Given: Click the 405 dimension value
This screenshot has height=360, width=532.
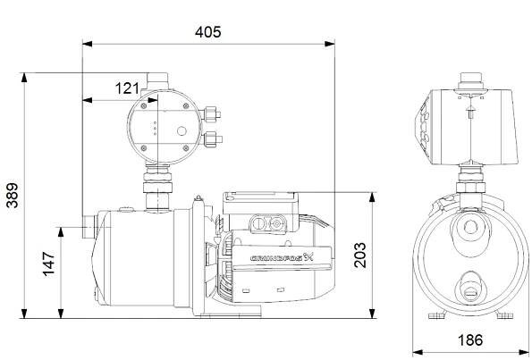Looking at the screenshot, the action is pos(207,32).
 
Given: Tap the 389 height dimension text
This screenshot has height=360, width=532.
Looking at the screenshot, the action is pos(13,196).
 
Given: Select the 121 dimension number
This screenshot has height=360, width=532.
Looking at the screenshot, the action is pos(127,88).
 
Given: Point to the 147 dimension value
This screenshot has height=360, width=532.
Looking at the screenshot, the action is pos(49,264).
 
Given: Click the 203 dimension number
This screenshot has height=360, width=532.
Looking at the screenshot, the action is pos(360,255).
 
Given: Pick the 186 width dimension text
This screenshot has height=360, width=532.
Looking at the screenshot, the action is pos(470,340).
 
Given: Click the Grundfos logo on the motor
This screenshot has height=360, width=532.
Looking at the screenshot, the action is pos(283,257).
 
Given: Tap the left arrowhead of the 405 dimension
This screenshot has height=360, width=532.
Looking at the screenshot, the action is pos(88,44).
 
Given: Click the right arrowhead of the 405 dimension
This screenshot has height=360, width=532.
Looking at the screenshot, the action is pos(329,44).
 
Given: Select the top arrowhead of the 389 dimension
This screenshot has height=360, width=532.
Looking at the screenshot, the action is pos(24,78).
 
